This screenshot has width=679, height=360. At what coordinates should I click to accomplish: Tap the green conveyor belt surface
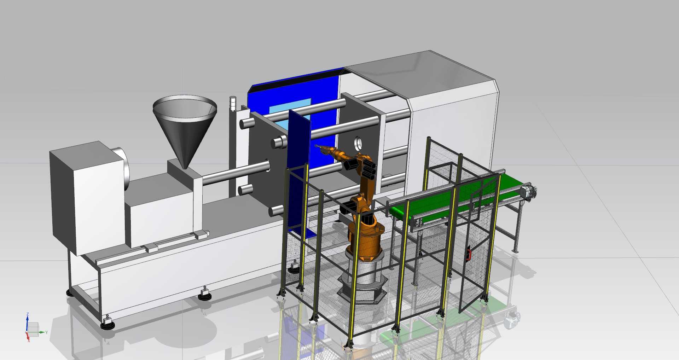(x=456, y=198)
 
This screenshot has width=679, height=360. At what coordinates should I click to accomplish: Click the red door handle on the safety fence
(x=469, y=254)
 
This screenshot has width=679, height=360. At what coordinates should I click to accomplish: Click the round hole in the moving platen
(x=359, y=143)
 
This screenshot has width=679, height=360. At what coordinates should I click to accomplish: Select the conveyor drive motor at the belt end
(x=528, y=192)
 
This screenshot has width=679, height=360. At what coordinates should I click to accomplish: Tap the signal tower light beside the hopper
(x=232, y=104)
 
